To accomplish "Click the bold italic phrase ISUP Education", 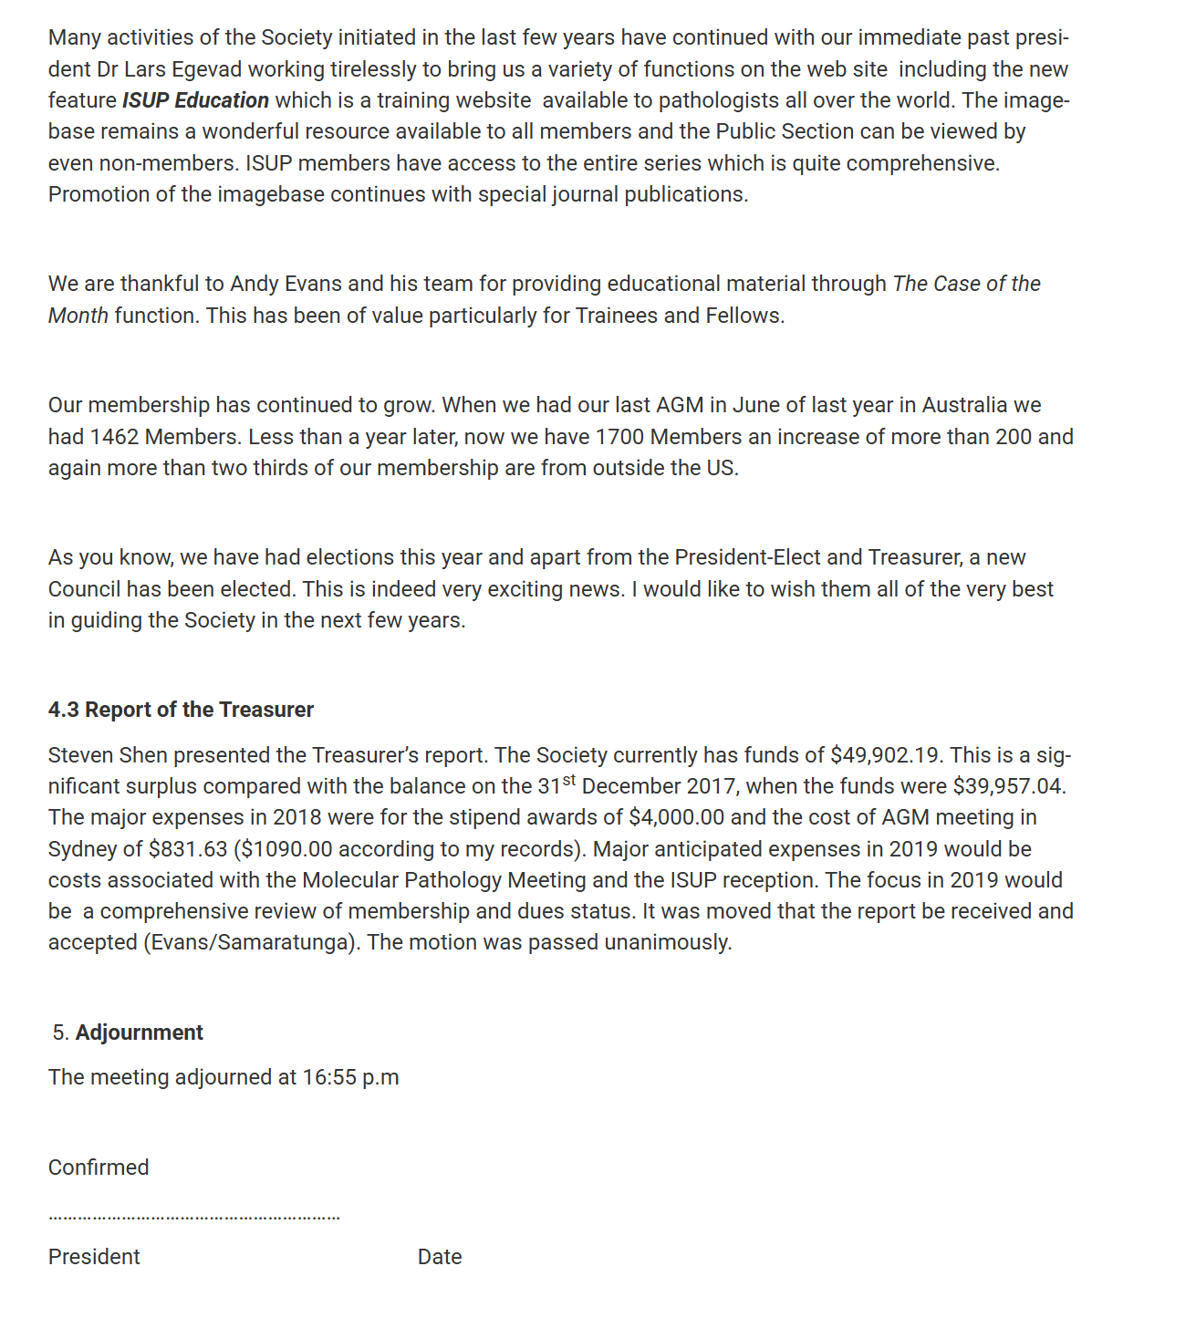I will [195, 100].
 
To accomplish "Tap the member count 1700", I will [619, 437].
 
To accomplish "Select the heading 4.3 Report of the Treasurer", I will [181, 710].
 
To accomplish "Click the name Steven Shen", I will [108, 755].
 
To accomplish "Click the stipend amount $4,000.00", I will [676, 817].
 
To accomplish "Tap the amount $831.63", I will [188, 849].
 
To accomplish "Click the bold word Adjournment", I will [139, 1033].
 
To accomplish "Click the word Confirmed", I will [99, 1168].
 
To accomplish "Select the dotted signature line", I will [193, 1217].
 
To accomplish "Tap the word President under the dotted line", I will [94, 1257].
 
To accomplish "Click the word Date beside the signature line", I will [440, 1257].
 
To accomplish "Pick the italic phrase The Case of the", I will [966, 284].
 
